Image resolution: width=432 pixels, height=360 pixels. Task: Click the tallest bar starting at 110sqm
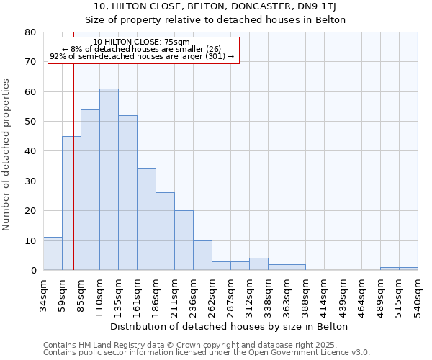[109, 179]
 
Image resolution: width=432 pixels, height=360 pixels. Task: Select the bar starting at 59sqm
[71, 203]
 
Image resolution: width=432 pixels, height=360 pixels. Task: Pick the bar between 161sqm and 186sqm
[146, 220]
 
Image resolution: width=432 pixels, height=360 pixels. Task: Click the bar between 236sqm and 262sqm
[202, 256]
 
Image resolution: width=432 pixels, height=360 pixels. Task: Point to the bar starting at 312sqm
[258, 264]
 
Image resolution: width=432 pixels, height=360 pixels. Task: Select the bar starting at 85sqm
[90, 190]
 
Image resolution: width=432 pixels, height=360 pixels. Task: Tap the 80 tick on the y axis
[30, 32]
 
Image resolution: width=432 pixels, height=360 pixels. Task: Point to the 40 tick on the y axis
[30, 151]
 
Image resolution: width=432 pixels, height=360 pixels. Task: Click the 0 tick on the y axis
[32, 271]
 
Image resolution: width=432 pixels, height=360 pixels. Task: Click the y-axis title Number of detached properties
[7, 151]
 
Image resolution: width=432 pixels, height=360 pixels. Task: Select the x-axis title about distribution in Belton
[230, 326]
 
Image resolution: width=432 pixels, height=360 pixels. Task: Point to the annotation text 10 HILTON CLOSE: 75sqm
[142, 42]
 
